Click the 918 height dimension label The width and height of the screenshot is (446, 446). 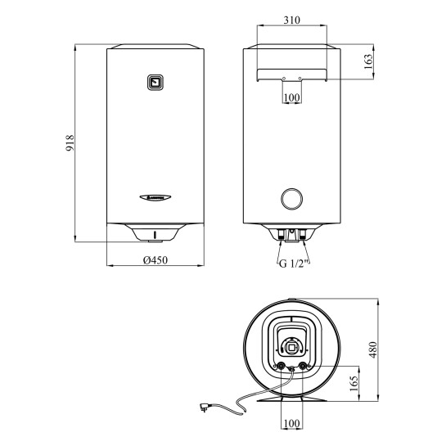[x=70, y=142]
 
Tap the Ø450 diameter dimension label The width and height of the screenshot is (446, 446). [x=155, y=260]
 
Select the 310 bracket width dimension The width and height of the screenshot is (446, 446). [x=292, y=20]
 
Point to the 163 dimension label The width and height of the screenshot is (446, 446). [x=367, y=61]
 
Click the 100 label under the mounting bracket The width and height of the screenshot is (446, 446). [x=292, y=97]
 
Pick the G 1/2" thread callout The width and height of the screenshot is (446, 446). [x=294, y=264]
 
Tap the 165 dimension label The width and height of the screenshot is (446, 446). [x=353, y=384]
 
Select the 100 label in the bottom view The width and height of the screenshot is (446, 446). [x=292, y=423]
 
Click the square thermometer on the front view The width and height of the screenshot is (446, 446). [x=155, y=83]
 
